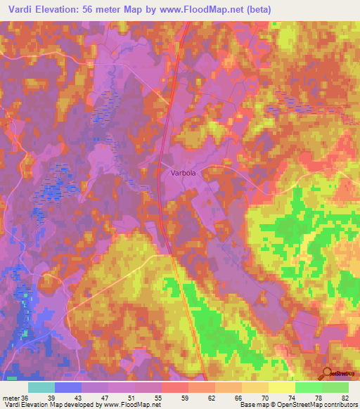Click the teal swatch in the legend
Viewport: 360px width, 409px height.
(41, 387)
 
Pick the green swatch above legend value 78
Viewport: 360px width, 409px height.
(309, 387)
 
